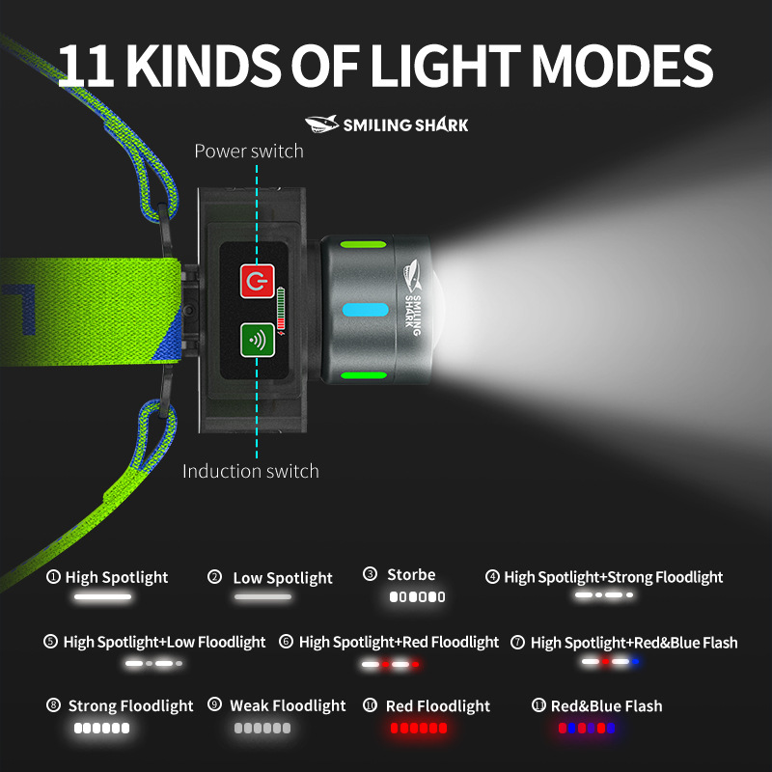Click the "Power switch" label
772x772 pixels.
point(249,152)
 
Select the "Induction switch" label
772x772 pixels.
point(251,472)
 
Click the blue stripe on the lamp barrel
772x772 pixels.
point(366,310)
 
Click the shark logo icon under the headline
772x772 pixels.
point(322,124)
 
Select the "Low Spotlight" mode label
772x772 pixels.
point(283,578)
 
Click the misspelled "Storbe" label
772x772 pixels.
point(411,575)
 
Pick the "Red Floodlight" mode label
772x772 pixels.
point(438,706)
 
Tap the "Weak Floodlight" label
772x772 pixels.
point(288,706)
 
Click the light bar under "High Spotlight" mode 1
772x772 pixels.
point(103,597)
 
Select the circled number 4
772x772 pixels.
point(492,577)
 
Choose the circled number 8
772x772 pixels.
point(54,705)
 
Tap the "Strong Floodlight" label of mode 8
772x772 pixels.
point(131,706)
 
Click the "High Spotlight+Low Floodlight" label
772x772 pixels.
point(164,642)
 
